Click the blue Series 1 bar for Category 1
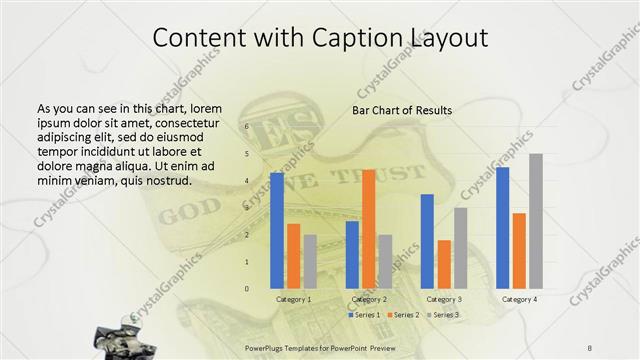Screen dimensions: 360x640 point(277,230)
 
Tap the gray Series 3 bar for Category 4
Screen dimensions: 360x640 point(536,220)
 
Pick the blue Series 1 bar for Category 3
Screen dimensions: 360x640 point(427,240)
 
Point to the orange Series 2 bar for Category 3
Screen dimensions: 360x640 point(444,264)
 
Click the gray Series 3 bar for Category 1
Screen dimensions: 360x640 point(310,261)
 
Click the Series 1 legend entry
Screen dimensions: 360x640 point(365,315)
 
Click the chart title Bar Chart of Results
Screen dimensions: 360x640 point(402,110)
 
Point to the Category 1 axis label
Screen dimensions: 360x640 point(293,299)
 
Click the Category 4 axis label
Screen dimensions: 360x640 point(519,299)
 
